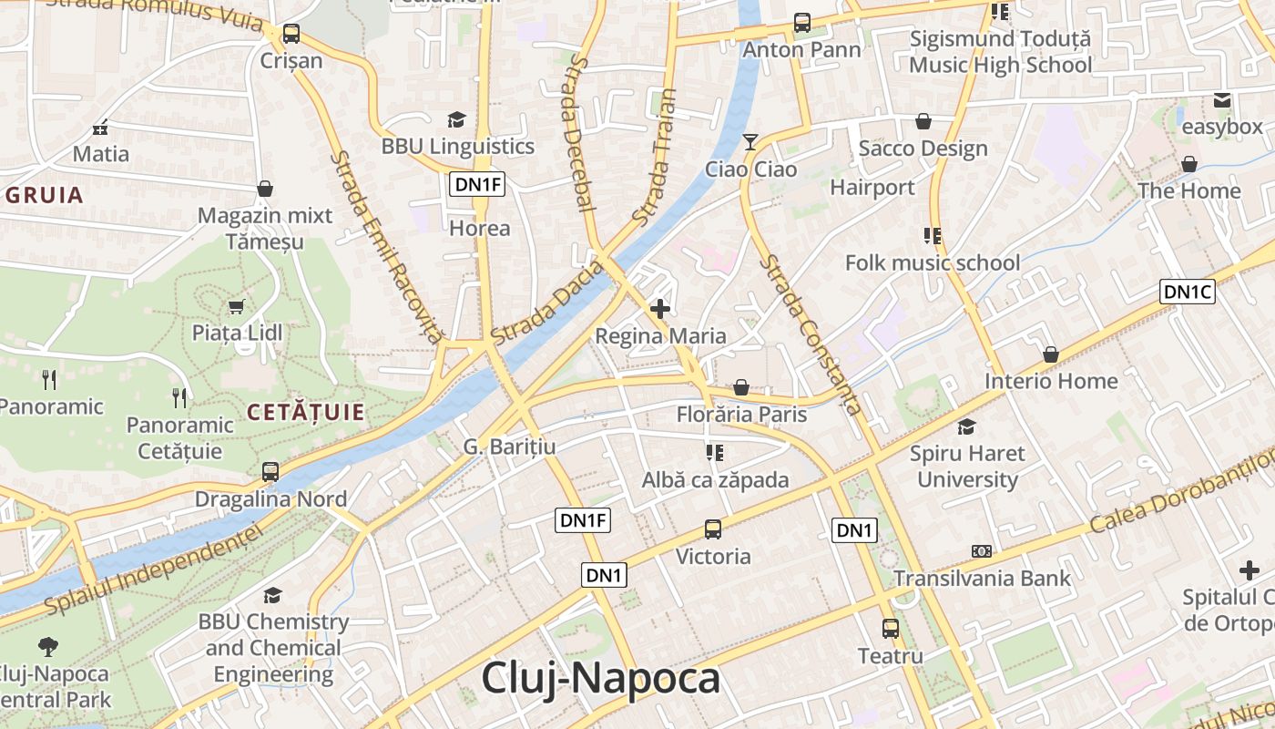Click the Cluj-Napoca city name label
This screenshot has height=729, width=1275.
[x=600, y=679]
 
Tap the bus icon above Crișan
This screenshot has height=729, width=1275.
[x=291, y=34]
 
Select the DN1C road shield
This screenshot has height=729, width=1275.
[x=1188, y=292]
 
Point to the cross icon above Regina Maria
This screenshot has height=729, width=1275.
[x=660, y=309]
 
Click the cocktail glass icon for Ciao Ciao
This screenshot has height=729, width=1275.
[x=750, y=142]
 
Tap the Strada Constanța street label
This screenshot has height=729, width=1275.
[x=811, y=334]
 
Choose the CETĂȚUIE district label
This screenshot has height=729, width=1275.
[x=306, y=413]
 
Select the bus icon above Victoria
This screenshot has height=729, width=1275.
[x=713, y=529]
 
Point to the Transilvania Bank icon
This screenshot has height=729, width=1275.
[x=981, y=551]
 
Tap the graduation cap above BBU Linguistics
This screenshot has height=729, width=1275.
[x=456, y=119]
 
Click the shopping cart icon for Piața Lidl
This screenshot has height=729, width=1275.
[x=236, y=306]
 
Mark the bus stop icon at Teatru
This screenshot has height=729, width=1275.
[x=890, y=629]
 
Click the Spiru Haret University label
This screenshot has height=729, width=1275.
[x=967, y=467]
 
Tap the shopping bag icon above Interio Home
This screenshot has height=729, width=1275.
[x=1050, y=354]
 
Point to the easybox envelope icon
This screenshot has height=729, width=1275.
[x=1221, y=100]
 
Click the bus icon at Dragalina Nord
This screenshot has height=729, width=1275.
[x=270, y=472]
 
